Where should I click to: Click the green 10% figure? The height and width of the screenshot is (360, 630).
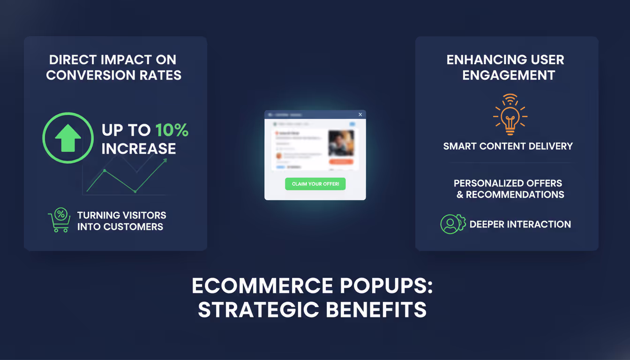[172, 130]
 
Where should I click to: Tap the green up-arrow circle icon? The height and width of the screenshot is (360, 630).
[68, 137]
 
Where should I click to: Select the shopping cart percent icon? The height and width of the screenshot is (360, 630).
[59, 220]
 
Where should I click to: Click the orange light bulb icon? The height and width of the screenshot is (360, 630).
[510, 115]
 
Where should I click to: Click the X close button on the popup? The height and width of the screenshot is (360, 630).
[360, 114]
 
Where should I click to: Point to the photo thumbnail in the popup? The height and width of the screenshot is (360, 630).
[341, 143]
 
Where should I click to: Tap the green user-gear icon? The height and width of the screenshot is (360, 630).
[452, 224]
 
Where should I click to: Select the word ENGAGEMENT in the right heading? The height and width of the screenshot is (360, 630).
[509, 75]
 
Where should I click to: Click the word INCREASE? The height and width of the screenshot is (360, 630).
[139, 149]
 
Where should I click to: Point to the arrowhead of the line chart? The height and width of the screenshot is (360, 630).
[165, 161]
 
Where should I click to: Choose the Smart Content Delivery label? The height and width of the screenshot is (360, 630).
[508, 146]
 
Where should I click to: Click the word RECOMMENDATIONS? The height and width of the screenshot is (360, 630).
[515, 195]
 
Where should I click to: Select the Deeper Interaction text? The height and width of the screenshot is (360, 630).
[520, 225]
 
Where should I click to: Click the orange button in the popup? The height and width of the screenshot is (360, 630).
[341, 162]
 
